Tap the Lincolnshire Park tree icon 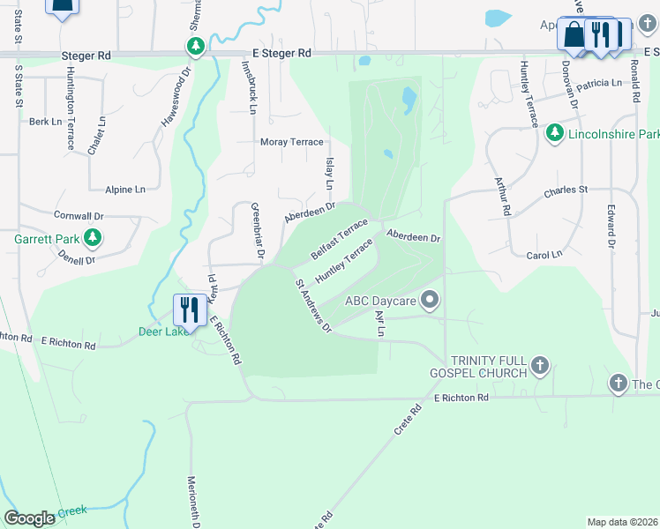554,133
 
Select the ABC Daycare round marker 430,301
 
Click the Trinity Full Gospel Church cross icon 540,364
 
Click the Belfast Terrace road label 339,238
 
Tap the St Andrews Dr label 313,306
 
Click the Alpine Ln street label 124,190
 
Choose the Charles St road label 566,190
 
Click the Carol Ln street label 544,255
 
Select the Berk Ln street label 45,122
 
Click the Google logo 29,518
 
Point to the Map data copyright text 622,522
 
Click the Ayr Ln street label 380,323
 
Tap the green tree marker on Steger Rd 196,45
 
